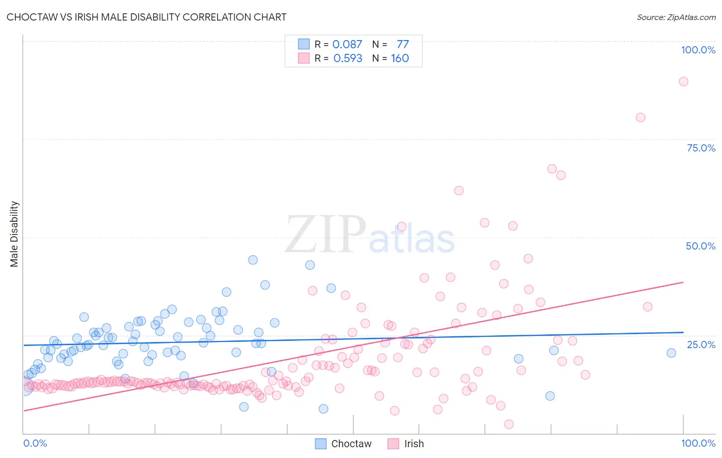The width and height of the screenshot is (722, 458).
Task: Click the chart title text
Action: (x=146, y=17)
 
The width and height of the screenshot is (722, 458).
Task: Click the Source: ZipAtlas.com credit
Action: (x=676, y=17)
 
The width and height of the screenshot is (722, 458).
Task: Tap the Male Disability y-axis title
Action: (x=14, y=234)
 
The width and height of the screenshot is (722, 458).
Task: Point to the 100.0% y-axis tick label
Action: (x=698, y=50)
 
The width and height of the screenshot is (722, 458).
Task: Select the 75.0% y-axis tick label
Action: (x=701, y=148)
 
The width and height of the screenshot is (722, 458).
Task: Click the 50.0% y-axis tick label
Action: (x=700, y=246)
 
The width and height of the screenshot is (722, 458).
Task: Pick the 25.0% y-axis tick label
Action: (x=701, y=345)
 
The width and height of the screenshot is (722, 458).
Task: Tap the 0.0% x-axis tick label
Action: (x=35, y=443)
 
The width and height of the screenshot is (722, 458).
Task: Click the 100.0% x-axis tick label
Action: (x=698, y=443)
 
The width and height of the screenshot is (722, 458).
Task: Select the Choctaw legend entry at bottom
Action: (x=343, y=444)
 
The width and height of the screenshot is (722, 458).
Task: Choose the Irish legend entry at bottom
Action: (x=406, y=444)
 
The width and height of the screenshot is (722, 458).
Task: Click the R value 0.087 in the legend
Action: (x=347, y=44)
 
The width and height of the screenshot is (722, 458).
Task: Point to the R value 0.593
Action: (x=348, y=59)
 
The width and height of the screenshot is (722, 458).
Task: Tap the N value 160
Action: (x=400, y=59)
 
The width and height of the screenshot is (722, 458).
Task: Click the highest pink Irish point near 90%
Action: (x=683, y=81)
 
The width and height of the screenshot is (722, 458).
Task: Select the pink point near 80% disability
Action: (x=640, y=117)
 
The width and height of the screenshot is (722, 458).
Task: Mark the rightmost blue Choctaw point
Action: (x=671, y=353)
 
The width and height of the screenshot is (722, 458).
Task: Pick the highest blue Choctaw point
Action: (x=253, y=260)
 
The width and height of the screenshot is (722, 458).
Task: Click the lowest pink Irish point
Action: (x=509, y=424)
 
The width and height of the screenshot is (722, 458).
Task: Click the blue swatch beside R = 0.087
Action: (x=304, y=44)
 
